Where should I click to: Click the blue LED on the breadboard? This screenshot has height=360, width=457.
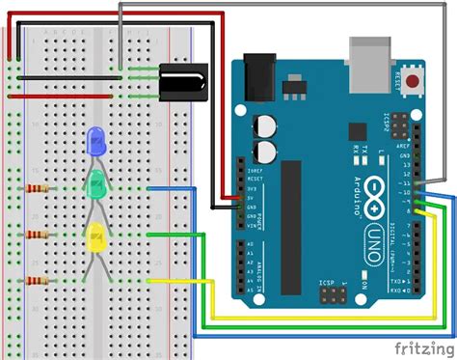coord(95,143)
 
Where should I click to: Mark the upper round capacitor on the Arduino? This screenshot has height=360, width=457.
coord(266,126)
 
